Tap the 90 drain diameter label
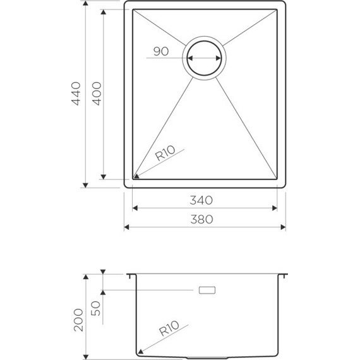pos(160,52)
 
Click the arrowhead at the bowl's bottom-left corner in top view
pos(136,175)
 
